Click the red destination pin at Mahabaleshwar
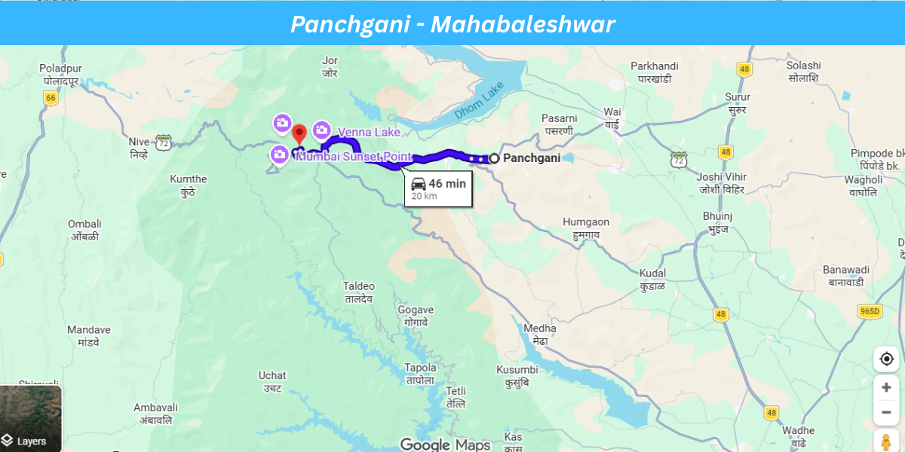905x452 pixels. pos(299,133)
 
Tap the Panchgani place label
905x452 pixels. pos(532,158)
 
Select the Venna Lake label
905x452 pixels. pos(368,132)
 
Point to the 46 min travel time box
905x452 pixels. pos(438,188)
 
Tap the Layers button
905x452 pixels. pos(30,419)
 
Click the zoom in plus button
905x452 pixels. pos(886,387)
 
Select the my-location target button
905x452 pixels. pos(886,359)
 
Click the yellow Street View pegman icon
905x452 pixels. pos(886,441)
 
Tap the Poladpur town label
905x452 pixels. pos(60,74)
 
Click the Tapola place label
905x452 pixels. pos(421,374)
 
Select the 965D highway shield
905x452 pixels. pos(870,311)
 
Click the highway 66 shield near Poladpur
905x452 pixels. pos(51,98)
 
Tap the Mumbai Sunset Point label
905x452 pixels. pos(354,157)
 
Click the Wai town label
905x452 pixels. pos(612,118)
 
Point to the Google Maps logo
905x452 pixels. pos(445,444)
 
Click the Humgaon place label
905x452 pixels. pos(586,228)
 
